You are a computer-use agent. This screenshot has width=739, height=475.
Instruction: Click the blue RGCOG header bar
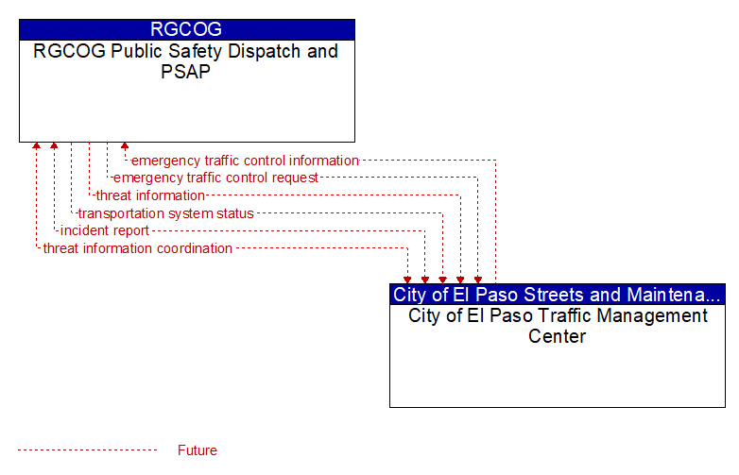[x=187, y=29]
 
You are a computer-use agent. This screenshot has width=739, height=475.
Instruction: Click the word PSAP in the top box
[x=185, y=72]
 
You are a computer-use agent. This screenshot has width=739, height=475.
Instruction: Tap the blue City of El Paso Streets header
[x=558, y=295]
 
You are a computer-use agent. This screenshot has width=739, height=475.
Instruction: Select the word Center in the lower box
[x=557, y=336]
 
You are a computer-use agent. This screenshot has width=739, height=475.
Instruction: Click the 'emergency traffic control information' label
[x=245, y=161]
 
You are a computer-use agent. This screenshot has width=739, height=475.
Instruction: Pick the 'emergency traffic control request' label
[x=215, y=178]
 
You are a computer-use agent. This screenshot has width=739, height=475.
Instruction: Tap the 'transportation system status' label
[x=166, y=213]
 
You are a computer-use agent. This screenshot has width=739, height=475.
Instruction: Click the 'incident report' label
[x=105, y=230]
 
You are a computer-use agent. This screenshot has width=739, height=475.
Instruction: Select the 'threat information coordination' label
[x=138, y=248]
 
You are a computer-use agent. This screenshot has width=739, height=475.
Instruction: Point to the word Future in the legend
[x=198, y=450]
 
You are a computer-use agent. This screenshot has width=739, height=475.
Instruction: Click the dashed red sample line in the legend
[x=87, y=450]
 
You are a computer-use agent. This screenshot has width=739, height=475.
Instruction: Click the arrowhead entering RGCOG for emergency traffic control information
[x=125, y=145]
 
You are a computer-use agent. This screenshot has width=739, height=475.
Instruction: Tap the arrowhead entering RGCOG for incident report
[x=54, y=145]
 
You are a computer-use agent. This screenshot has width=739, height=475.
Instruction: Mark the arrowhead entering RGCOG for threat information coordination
[x=36, y=145]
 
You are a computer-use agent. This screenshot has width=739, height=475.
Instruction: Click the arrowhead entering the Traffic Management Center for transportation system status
[x=442, y=280]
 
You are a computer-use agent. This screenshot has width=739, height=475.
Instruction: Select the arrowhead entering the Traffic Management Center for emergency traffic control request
[x=478, y=280]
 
